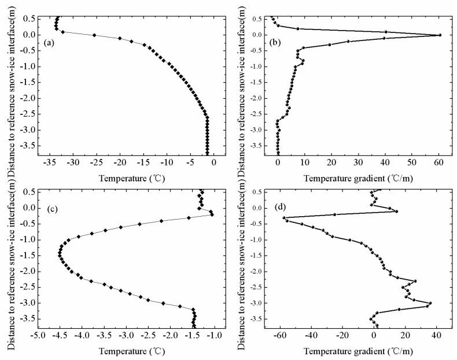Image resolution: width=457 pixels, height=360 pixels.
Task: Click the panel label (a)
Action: tap(50, 42)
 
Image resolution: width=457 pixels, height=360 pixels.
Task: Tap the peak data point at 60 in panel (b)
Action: tap(440, 35)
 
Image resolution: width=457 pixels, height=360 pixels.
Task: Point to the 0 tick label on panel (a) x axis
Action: tap(214, 163)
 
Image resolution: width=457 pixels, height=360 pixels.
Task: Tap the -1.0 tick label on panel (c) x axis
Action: tap(215, 336)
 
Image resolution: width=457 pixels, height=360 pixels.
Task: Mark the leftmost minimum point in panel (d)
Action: tap(284, 217)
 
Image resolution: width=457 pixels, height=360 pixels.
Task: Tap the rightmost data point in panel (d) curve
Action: tap(430, 303)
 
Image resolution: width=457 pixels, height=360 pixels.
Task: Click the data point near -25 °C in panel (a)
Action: tap(94, 35)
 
